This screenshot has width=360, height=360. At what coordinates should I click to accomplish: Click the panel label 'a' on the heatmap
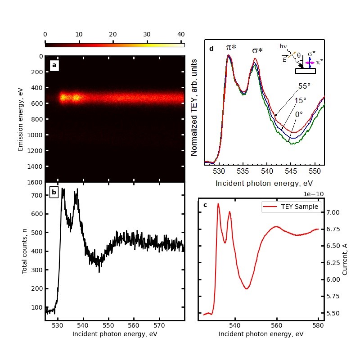[x=54, y=65]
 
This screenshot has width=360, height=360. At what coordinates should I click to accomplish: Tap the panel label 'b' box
[x=54, y=192]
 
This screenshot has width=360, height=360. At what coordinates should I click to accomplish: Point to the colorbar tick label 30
[x=147, y=34]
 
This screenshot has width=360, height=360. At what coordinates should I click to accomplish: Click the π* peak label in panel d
[x=231, y=48]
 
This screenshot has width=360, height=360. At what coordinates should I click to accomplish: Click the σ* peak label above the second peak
[x=257, y=50]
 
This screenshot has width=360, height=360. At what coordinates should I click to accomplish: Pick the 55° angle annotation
[x=305, y=86]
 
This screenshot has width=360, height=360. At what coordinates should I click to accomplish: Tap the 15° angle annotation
[x=300, y=100]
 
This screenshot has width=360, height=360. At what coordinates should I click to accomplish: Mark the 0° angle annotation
[x=299, y=114]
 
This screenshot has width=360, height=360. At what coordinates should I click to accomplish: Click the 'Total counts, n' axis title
[x=25, y=251]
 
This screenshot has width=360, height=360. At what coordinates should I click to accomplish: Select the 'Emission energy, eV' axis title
[x=20, y=119]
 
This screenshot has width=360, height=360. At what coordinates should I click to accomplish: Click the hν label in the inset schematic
[x=283, y=46]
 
